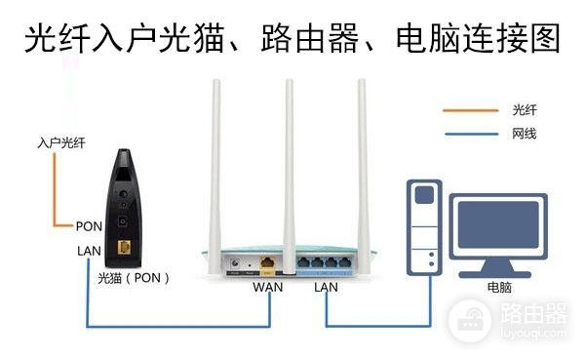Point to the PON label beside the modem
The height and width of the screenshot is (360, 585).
(89, 225)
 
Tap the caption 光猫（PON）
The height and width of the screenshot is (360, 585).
(135, 277)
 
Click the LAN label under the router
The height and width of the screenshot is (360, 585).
(326, 288)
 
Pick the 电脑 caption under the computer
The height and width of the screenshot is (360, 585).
(499, 289)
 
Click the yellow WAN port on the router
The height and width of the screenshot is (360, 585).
(267, 263)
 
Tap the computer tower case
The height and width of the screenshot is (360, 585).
(425, 230)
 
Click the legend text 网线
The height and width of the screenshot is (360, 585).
(524, 134)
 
